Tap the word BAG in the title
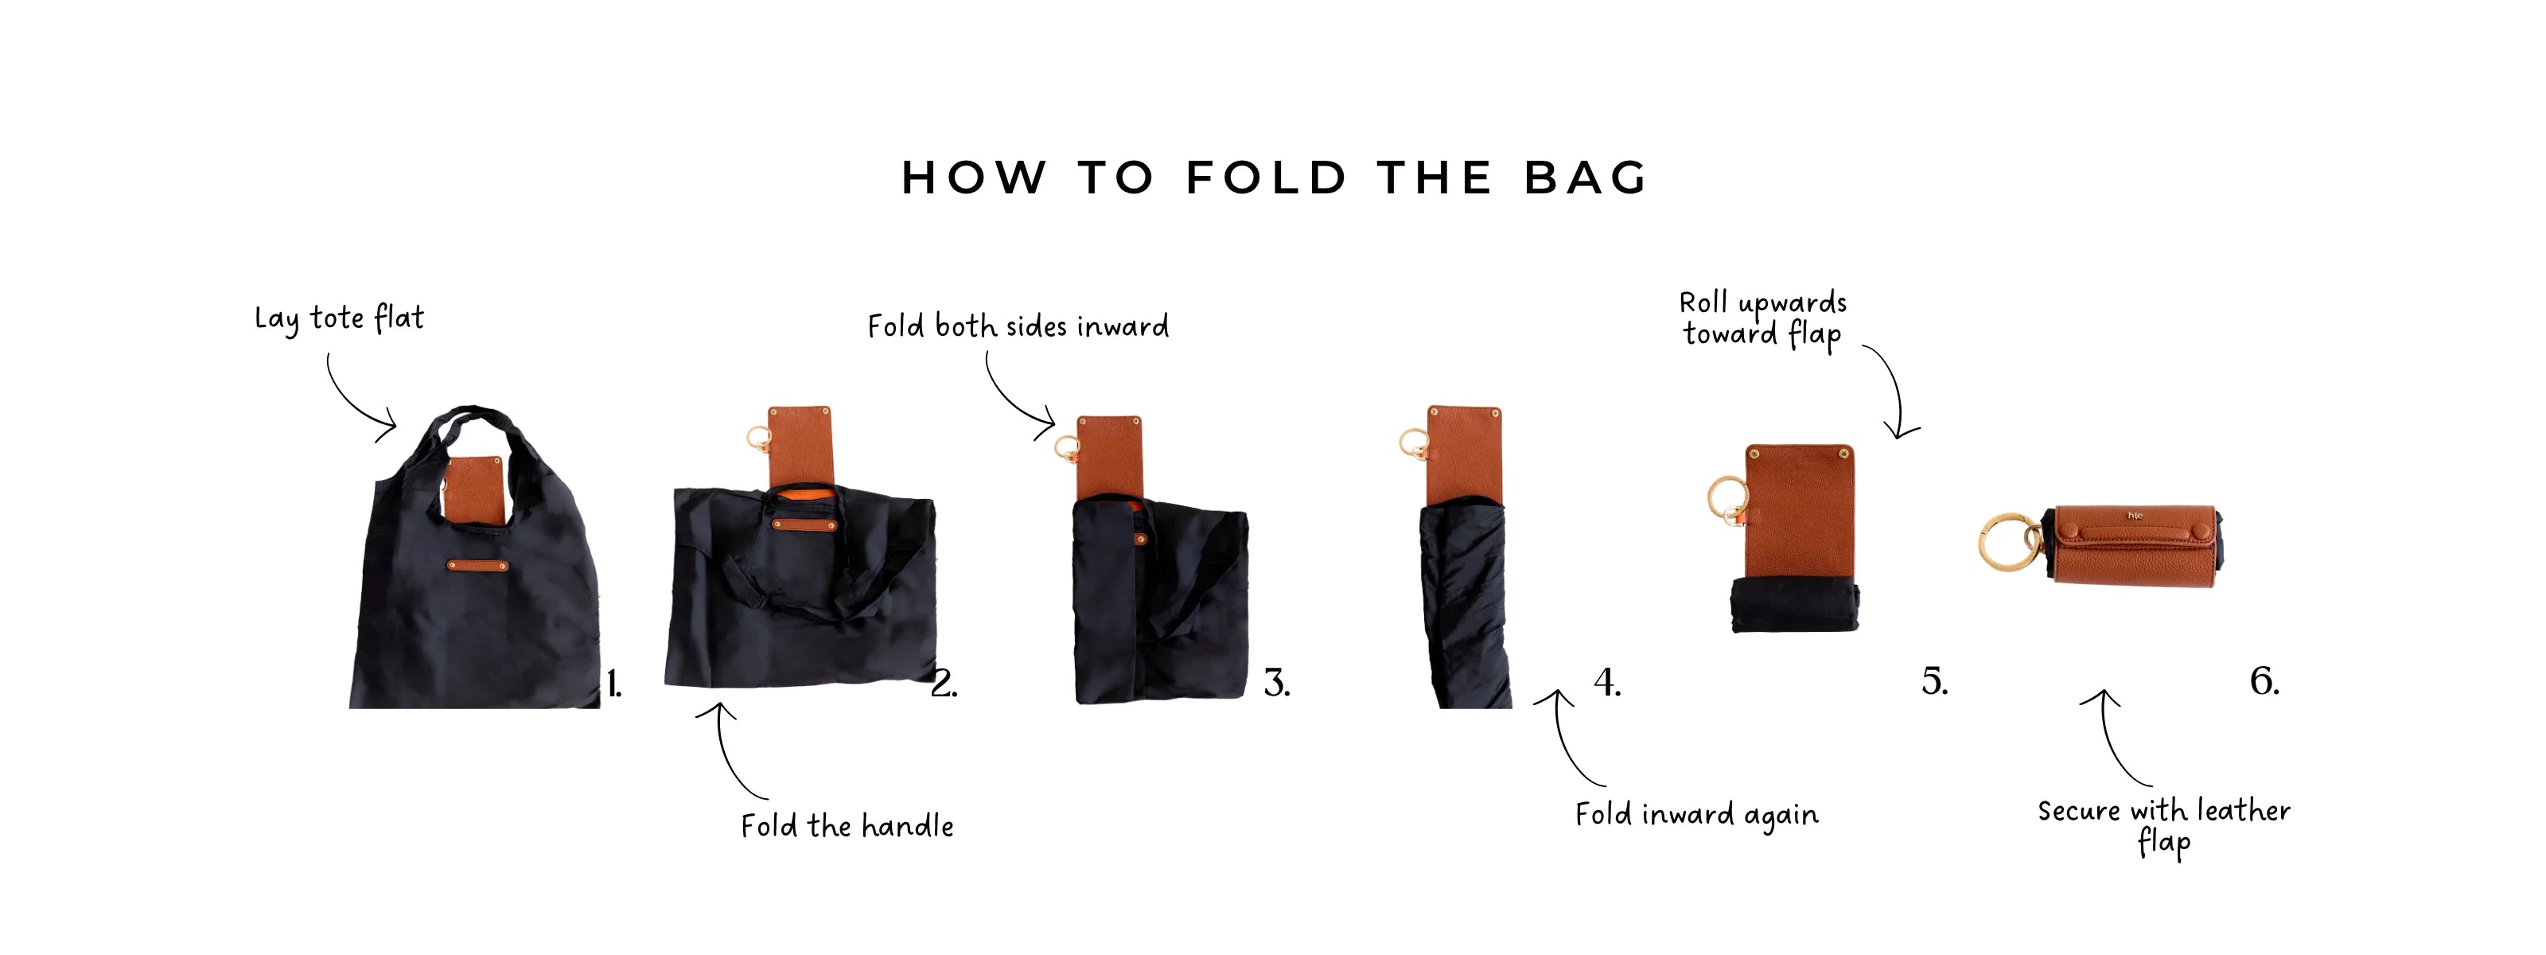coord(1586,178)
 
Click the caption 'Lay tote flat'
coord(339,319)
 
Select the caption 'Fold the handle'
coord(847,825)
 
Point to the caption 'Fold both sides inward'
coord(1018,326)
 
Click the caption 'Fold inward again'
coord(1696,815)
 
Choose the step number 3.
coord(1277,683)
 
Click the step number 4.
coord(1607,682)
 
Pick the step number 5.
coord(1934,681)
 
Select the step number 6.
coord(2264,680)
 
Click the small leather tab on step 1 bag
coord(478,566)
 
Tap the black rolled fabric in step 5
coord(1795,606)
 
